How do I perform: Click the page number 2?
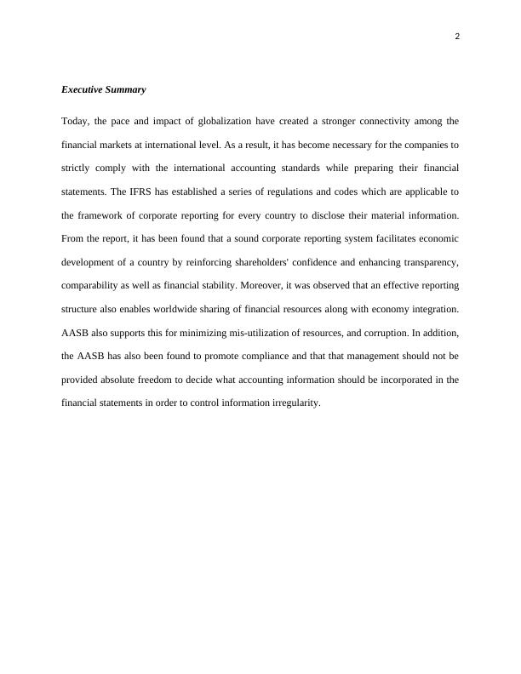tap(457, 37)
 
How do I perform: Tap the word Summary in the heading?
tap(126, 89)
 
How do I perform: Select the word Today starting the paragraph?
tap(74, 121)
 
